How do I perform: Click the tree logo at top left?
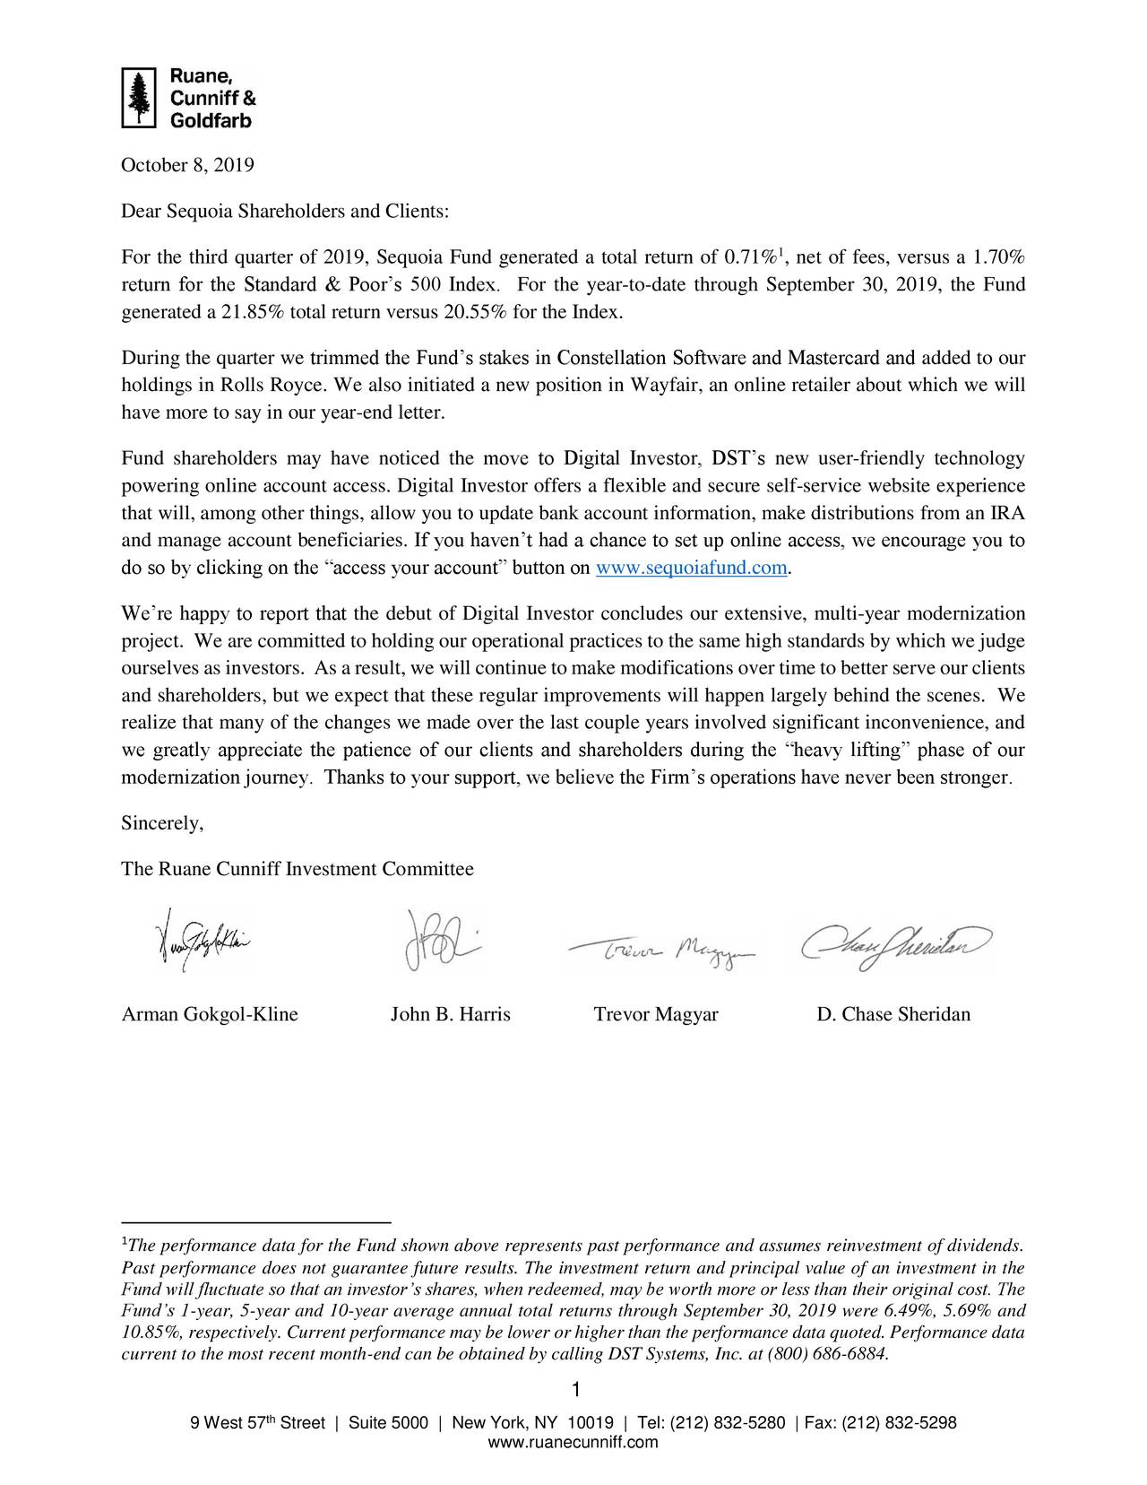point(138,97)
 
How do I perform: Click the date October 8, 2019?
point(187,166)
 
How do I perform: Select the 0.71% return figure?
point(751,259)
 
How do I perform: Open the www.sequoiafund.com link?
point(692,569)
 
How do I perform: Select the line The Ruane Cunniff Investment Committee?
point(297,870)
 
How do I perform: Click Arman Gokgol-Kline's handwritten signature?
point(199,941)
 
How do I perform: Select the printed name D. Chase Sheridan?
point(893,1015)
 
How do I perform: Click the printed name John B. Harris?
point(450,1015)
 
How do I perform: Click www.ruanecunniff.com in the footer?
point(573,1442)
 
